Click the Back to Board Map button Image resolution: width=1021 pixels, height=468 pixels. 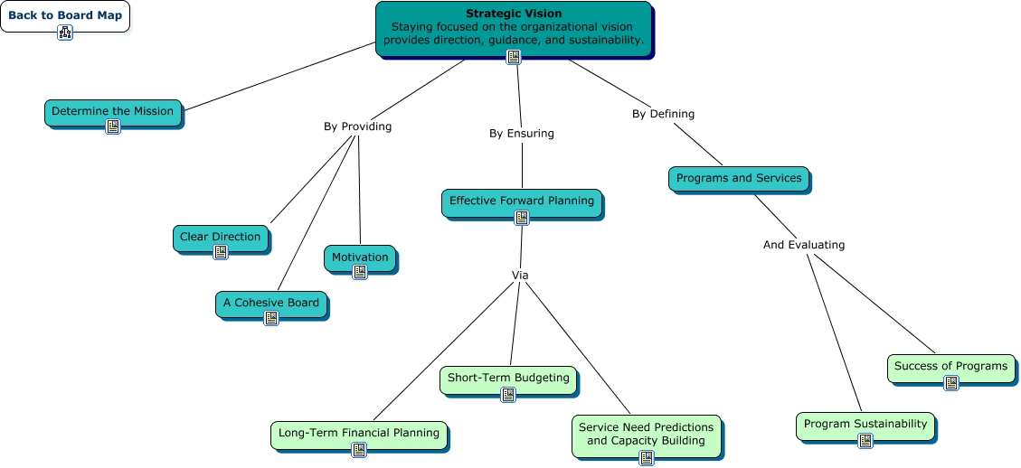click(65, 15)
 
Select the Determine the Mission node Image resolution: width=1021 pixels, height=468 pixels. click(113, 112)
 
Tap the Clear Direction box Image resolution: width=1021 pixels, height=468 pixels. click(220, 238)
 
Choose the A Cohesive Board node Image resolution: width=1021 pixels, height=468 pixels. click(271, 304)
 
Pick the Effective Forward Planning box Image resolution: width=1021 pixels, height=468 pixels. click(522, 203)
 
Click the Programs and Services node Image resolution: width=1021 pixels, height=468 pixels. click(739, 178)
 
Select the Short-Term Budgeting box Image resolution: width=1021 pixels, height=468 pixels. click(508, 380)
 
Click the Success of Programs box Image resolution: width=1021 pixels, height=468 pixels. click(950, 368)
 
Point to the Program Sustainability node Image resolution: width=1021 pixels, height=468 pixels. click(865, 426)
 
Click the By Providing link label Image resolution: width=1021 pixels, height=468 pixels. click(357, 126)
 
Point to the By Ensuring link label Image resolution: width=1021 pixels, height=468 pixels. click(522, 134)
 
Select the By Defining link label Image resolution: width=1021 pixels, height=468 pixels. click(664, 114)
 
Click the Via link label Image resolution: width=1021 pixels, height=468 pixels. click(520, 276)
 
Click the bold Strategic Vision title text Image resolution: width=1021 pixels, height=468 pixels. click(514, 13)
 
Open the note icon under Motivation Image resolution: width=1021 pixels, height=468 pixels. click(360, 272)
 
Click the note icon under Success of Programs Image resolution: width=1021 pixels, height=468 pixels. click(951, 383)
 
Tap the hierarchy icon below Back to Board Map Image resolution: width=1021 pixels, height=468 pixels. click(65, 33)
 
